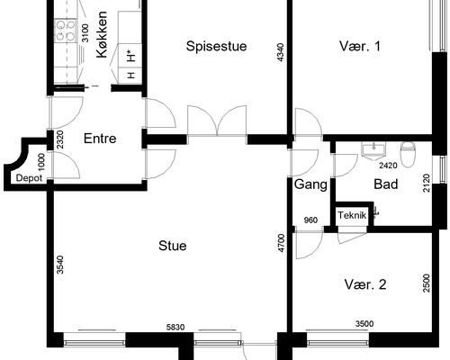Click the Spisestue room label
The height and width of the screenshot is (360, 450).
(216, 46)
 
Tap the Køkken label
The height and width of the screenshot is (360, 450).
(102, 34)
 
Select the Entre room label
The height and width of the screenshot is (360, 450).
(100, 139)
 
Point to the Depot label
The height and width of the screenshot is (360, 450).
(29, 178)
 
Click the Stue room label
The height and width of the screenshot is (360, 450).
(173, 246)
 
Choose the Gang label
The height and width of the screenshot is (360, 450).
(310, 184)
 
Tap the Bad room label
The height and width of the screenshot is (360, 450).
(386, 184)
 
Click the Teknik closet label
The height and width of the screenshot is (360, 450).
(352, 215)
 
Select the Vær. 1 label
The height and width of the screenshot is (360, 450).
(360, 46)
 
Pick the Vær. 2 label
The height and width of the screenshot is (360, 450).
(365, 284)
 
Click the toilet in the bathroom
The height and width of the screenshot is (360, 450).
(408, 154)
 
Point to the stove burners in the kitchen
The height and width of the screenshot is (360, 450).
(66, 30)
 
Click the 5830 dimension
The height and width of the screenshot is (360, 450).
(175, 327)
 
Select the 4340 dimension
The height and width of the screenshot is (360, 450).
(280, 52)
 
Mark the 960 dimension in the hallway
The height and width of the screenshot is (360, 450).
(310, 220)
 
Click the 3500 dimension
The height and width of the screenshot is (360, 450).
(364, 324)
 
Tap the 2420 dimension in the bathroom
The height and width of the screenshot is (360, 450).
(388, 166)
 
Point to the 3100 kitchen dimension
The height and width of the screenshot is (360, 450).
(85, 33)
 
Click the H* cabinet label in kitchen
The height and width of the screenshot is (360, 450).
(130, 57)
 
